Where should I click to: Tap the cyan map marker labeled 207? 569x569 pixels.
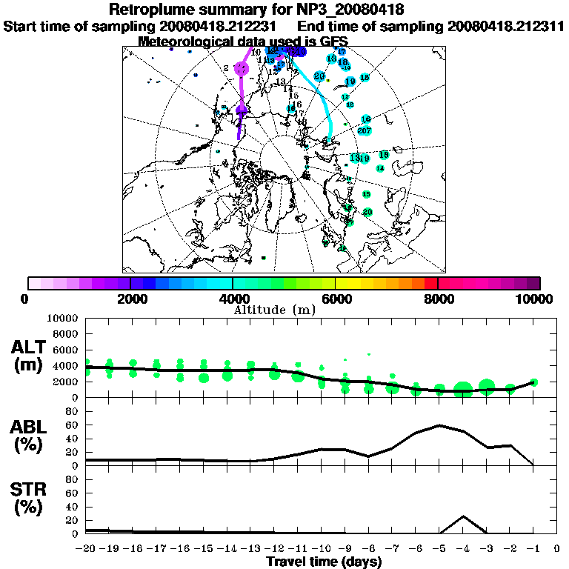click(364, 131)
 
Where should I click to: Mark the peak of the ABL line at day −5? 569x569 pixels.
click(439, 425)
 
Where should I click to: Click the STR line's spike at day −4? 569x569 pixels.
click(463, 516)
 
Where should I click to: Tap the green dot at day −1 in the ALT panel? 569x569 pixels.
click(533, 382)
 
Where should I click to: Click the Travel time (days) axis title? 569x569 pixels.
click(324, 562)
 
